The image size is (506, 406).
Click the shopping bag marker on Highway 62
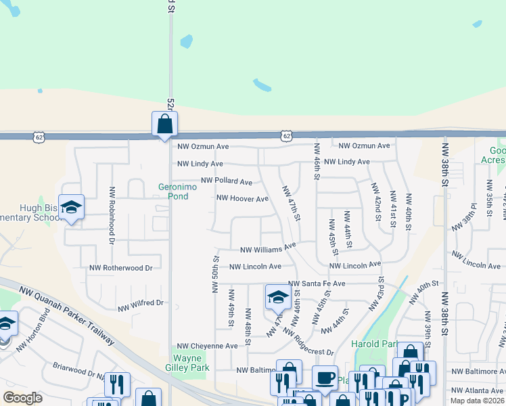tap(164, 125)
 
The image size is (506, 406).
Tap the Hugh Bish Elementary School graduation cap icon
tap(71, 208)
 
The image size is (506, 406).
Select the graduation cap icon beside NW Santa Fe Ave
tap(277, 296)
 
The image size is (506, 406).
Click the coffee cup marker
tap(325, 377)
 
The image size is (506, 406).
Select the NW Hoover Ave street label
tap(241, 199)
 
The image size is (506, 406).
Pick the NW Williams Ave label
tap(269, 247)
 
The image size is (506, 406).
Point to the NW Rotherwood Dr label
tap(121, 268)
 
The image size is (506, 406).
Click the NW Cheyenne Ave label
tap(207, 346)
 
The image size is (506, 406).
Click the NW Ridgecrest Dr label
tap(308, 342)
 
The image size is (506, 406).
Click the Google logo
tap(22, 397)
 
